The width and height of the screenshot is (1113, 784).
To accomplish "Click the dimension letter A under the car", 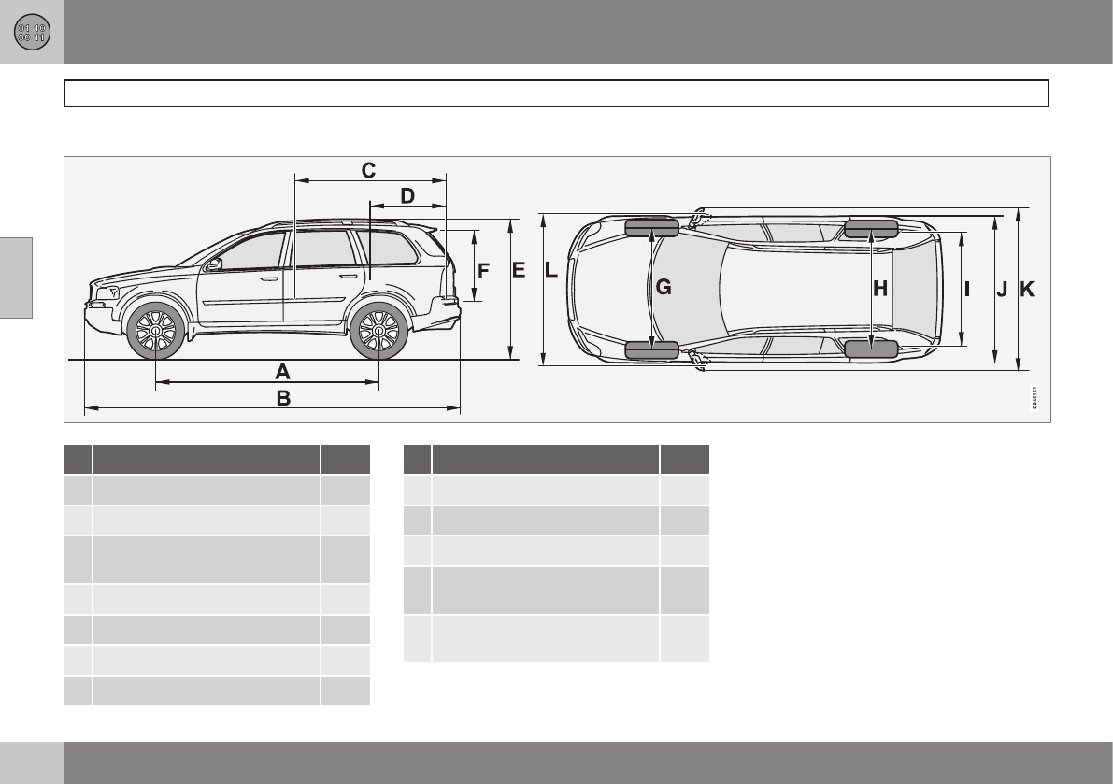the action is [x=282, y=370].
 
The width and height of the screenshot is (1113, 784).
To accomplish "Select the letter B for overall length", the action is [x=282, y=397].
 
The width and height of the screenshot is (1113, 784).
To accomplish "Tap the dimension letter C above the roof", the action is [x=368, y=170].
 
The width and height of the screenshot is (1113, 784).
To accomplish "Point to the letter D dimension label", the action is [x=407, y=195].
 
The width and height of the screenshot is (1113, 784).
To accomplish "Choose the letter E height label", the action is [x=520, y=271].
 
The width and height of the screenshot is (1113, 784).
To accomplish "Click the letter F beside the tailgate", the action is [x=483, y=272].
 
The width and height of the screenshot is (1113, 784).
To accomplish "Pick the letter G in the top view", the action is [x=663, y=288].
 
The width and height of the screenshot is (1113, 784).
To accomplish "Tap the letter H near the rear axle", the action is [x=880, y=289].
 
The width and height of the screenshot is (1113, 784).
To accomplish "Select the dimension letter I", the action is [x=967, y=289].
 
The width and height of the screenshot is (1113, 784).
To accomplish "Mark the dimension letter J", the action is [x=1002, y=290].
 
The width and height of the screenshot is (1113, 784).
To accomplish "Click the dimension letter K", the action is [x=1027, y=290].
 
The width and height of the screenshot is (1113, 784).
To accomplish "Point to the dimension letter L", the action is [x=551, y=271].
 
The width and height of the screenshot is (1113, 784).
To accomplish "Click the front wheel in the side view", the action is [x=155, y=331].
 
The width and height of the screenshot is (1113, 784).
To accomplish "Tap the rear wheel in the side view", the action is [x=378, y=331].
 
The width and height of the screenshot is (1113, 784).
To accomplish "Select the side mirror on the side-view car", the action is [x=215, y=264].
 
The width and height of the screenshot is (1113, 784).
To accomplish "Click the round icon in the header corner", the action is [x=32, y=32].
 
